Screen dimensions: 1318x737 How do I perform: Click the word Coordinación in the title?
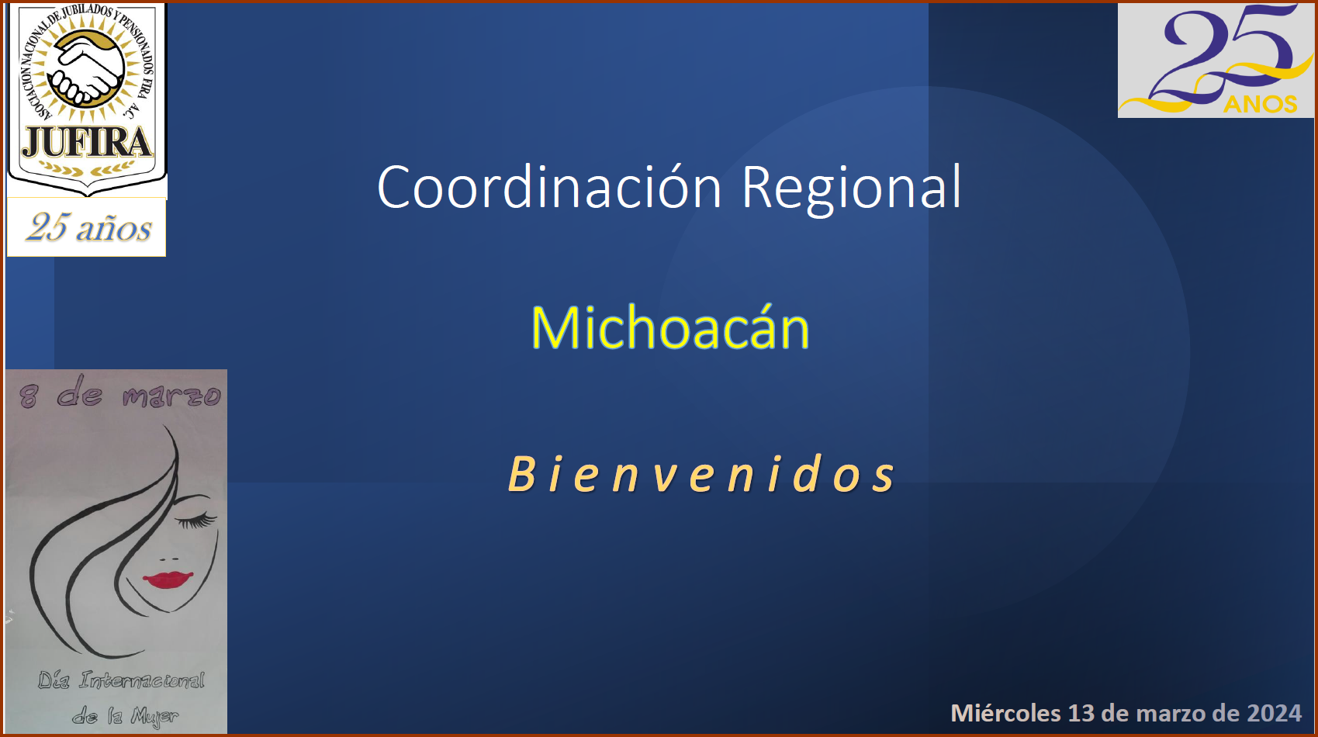(x=549, y=187)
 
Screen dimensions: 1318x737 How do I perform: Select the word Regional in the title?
(x=852, y=189)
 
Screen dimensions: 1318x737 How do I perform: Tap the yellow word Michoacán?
(x=670, y=327)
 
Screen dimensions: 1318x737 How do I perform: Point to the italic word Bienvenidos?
(x=701, y=473)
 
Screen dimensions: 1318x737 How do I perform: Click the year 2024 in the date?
(x=1274, y=713)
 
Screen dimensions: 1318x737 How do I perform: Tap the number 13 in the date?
(x=1081, y=713)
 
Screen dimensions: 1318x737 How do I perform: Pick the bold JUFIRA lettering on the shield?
(x=87, y=142)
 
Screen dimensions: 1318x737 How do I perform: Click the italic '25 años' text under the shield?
(x=88, y=227)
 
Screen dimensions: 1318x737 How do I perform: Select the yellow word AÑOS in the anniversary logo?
(x=1260, y=104)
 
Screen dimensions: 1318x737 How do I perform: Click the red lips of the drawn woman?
(x=168, y=580)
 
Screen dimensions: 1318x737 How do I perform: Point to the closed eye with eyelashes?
(x=197, y=519)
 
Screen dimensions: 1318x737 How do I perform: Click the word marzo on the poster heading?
(x=171, y=396)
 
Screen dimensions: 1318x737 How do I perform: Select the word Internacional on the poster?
(x=142, y=680)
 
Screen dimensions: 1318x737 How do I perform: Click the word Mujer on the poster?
(x=154, y=716)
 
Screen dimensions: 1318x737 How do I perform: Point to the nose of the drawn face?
(x=169, y=559)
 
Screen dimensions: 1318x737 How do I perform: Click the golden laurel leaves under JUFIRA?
(x=86, y=169)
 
